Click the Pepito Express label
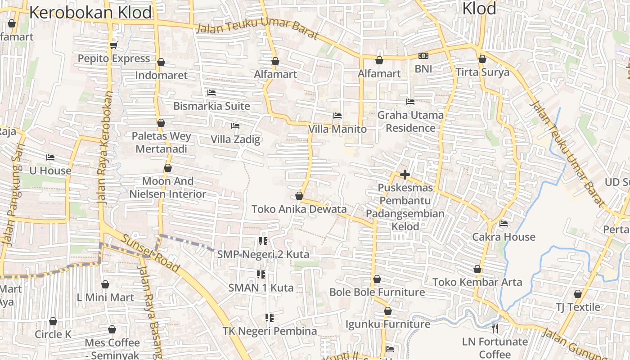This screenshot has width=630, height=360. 113,58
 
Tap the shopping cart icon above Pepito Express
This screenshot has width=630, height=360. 113,45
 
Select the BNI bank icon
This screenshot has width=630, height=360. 423,56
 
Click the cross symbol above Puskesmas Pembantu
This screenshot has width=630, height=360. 405,175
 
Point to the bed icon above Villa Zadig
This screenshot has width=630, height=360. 235,126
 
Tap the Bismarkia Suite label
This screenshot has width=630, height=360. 211,106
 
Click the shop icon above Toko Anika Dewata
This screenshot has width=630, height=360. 299,196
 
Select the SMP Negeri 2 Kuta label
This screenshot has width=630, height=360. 263,254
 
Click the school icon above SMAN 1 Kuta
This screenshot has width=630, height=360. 261,274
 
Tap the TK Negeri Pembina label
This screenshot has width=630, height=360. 270,331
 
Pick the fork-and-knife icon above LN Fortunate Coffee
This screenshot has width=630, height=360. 495,328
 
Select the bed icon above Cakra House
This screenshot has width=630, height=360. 504,223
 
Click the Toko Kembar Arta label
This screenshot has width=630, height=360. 477,282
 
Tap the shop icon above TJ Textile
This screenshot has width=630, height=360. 578,294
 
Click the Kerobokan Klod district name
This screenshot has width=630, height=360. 90,13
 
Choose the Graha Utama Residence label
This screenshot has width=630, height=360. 410,121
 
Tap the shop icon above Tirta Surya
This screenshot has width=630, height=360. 482,59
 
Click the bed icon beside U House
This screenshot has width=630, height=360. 50,157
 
